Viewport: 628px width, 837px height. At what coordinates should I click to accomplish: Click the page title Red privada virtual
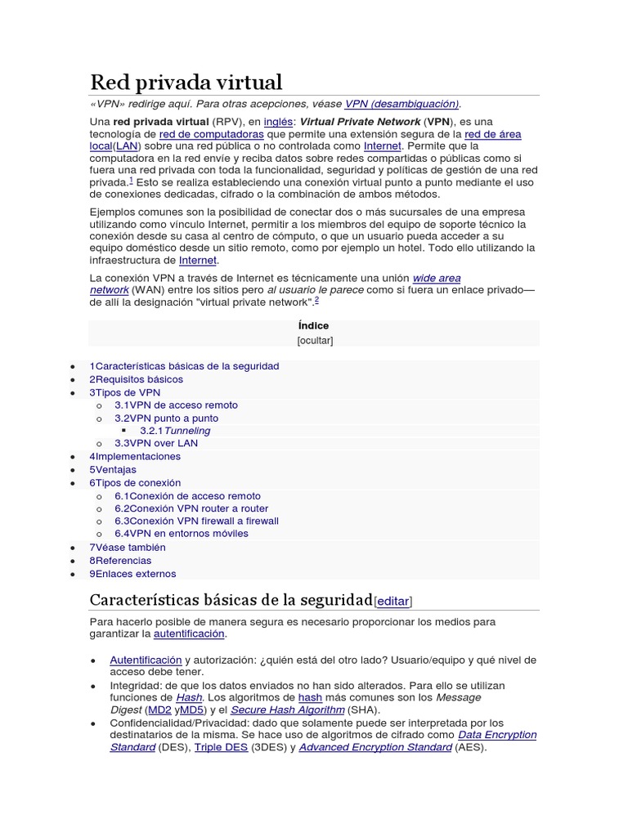point(186,82)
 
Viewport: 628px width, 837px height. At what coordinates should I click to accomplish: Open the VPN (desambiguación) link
point(401,104)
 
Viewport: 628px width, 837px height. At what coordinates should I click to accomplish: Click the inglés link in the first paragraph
point(278,121)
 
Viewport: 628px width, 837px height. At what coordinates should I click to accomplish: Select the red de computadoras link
point(211,134)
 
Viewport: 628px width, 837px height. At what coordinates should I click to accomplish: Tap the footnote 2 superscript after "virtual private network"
point(316,300)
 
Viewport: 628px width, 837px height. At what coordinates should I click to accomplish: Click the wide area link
point(437,279)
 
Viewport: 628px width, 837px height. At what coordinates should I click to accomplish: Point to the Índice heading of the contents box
point(314,325)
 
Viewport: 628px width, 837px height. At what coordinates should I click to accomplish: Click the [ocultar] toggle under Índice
point(314,340)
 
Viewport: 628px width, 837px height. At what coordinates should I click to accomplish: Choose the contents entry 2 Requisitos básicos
point(137,379)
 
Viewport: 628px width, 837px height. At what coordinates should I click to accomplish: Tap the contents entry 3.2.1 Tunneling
point(175,431)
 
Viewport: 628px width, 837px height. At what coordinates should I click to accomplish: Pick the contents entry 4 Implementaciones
point(135,456)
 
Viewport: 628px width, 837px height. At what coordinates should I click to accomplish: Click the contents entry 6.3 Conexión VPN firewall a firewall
point(196,521)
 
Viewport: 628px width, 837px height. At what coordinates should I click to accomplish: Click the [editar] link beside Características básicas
point(392,602)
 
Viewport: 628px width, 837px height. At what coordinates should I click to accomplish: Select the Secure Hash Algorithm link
point(288,710)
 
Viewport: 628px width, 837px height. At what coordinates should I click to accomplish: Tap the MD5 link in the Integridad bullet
point(191,710)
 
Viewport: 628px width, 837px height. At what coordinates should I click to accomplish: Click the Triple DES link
point(220,747)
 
